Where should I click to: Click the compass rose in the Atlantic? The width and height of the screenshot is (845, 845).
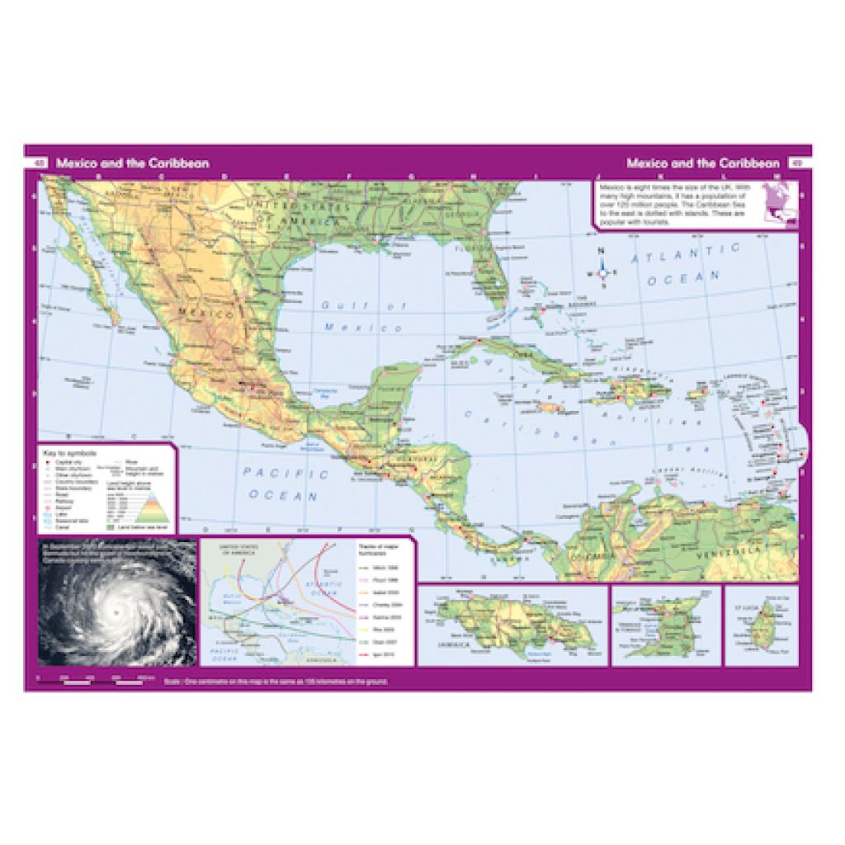point(603,271)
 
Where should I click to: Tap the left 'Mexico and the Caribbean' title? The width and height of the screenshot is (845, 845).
point(132,163)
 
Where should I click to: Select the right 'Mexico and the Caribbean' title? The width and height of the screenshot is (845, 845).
point(702,163)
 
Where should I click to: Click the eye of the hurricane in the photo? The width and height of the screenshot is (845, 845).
point(117,612)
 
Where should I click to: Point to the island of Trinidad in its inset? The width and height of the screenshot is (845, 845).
point(665,633)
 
